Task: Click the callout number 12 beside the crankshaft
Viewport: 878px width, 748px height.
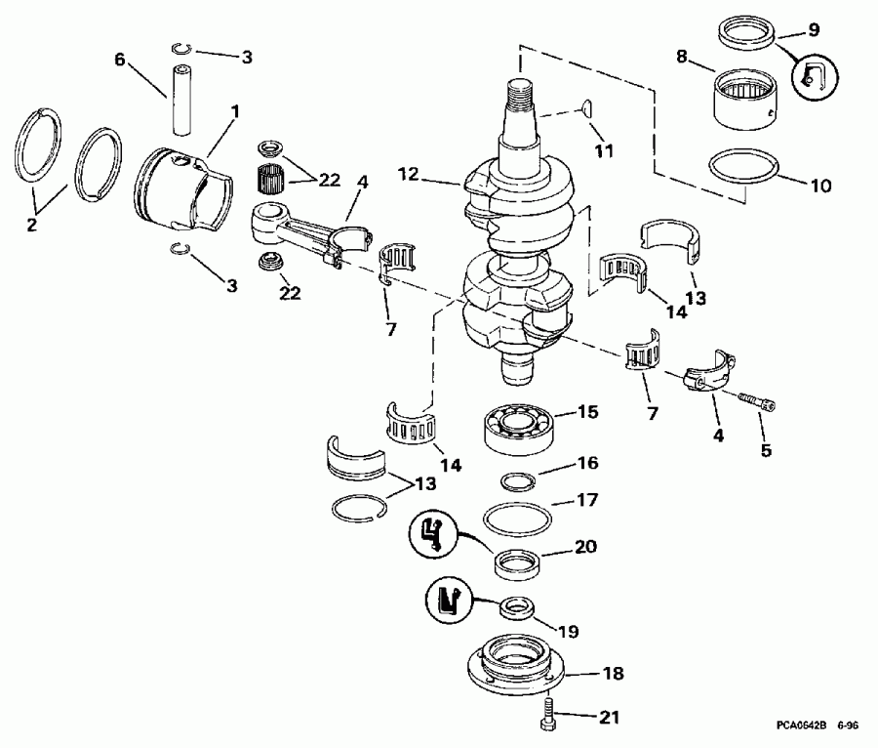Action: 408,173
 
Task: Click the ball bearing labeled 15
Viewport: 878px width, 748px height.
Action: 517,426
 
